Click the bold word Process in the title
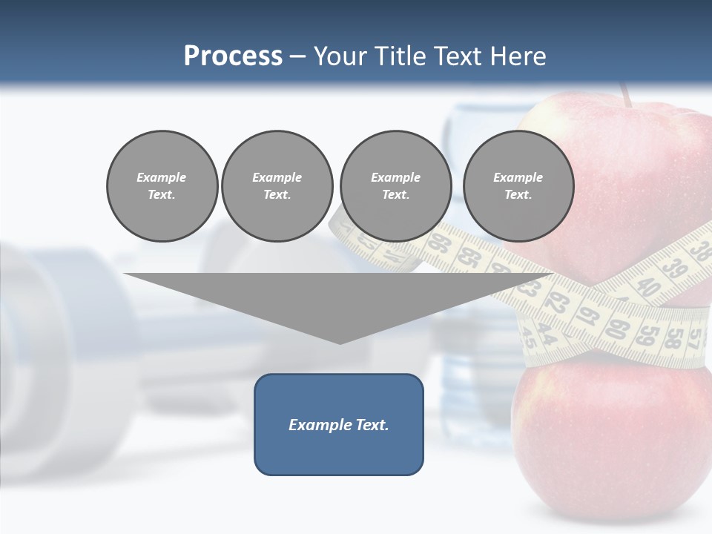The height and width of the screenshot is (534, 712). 233,56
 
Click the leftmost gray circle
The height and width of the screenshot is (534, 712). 162,186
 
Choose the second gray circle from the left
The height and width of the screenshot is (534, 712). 277,186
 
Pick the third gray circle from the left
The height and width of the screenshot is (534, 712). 395,186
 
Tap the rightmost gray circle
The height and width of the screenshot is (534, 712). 518,186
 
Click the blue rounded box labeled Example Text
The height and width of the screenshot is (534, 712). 339,424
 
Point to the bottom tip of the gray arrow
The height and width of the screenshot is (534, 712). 340,342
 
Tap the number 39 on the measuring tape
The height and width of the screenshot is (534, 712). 674,268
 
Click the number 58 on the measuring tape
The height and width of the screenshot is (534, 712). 673,337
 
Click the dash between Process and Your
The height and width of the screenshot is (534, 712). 297,56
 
